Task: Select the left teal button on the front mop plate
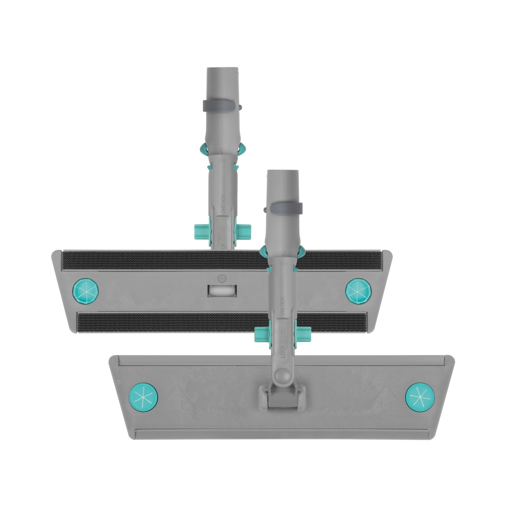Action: pyautogui.click(x=144, y=397)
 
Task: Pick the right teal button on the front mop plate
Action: pyautogui.click(x=420, y=397)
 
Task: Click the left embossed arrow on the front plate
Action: pyautogui.click(x=178, y=397)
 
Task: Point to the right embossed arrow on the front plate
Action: pyautogui.click(x=386, y=397)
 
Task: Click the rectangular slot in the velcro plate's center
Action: pyautogui.click(x=222, y=290)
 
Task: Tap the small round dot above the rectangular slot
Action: pyautogui.click(x=221, y=278)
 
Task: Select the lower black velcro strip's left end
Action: pyautogui.click(x=84, y=322)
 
